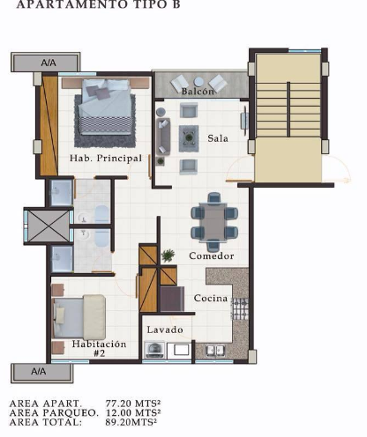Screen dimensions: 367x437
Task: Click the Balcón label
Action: tap(198, 92)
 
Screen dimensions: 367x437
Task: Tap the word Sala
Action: tap(218, 138)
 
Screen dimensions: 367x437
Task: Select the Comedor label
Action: tap(212, 256)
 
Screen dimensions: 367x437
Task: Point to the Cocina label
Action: tap(211, 298)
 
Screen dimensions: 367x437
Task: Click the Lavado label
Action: tap(165, 330)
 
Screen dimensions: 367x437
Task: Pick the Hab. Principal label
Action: tap(106, 159)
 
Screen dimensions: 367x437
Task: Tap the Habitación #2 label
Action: tap(99, 348)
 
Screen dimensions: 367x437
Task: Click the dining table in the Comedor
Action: tap(214, 222)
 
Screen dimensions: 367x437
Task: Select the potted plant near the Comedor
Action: tap(168, 256)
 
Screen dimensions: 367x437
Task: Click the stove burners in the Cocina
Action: tap(240, 308)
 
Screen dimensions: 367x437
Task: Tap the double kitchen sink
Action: tap(216, 350)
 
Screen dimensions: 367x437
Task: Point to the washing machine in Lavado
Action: tap(154, 350)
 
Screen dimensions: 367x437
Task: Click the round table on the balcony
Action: tap(198, 81)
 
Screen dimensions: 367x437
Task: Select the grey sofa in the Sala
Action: tap(163, 137)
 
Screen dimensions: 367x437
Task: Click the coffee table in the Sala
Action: tap(189, 138)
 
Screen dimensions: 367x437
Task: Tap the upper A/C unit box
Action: tap(46, 63)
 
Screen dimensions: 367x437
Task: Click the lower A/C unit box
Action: tap(42, 374)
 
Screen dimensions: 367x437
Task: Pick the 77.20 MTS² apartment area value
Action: tap(133, 404)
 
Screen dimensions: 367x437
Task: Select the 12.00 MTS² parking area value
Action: tap(133, 412)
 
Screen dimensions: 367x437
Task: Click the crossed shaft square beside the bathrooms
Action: tap(49, 226)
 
